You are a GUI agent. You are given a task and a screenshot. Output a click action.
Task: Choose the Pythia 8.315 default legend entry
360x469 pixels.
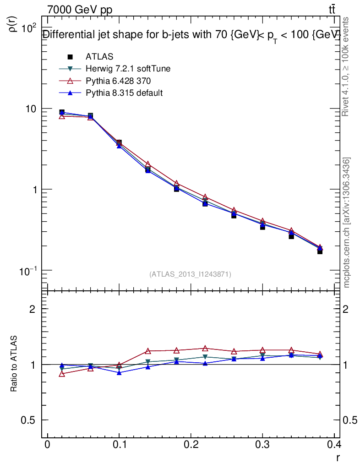(124, 93)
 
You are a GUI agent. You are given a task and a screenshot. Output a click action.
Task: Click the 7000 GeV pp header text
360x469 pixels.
(80, 10)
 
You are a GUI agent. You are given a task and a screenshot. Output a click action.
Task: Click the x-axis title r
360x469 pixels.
(338, 457)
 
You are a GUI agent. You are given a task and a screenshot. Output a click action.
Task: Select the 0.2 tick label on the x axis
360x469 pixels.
(191, 445)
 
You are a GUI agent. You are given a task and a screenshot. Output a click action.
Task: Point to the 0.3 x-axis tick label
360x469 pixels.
(262, 445)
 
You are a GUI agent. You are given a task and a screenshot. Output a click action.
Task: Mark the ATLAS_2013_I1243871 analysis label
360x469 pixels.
(190, 274)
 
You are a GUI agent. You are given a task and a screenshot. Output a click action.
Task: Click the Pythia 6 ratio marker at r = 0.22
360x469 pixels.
(205, 349)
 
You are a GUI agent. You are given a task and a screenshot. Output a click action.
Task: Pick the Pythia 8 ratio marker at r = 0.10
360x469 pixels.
(119, 372)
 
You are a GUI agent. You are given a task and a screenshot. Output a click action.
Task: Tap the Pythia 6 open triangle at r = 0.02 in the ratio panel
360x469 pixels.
(62, 374)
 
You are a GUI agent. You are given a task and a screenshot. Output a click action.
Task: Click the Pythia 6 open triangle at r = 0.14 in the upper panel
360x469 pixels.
(148, 164)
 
